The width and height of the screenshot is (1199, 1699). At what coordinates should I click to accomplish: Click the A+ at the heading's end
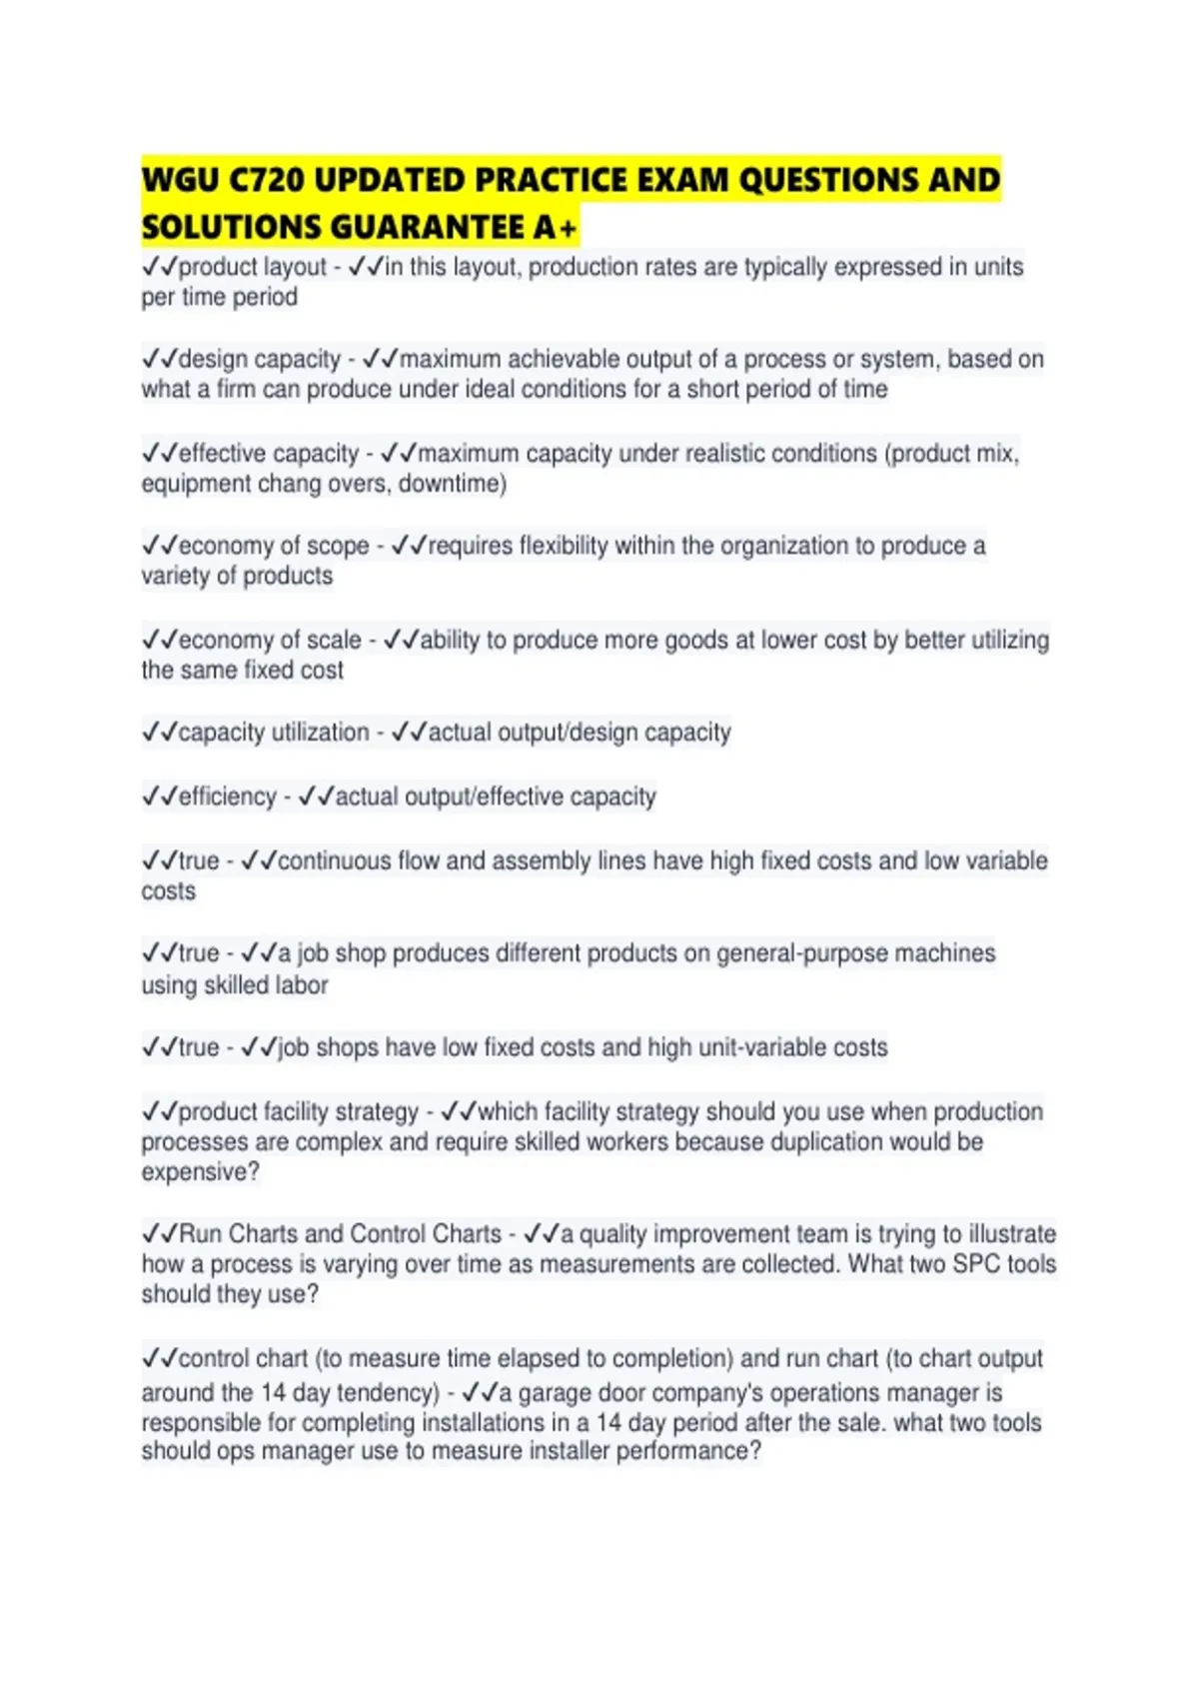pyautogui.click(x=556, y=228)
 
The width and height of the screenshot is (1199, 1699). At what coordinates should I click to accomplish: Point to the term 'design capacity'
pyautogui.click(x=259, y=359)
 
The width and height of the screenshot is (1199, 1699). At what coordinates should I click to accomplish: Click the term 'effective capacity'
pyautogui.click(x=268, y=453)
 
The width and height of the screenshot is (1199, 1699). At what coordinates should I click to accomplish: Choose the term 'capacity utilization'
pyautogui.click(x=273, y=733)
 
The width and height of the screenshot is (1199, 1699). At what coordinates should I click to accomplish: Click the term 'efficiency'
pyautogui.click(x=227, y=797)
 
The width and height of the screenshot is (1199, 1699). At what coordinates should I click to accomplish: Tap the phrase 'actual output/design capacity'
pyautogui.click(x=580, y=733)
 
